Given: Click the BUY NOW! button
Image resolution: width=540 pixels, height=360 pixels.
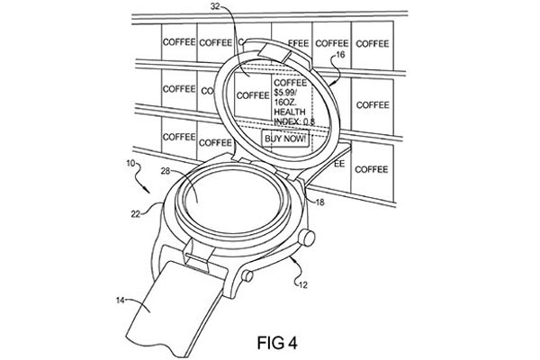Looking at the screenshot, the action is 285,139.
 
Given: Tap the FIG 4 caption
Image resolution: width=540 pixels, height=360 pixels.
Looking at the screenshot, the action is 277,343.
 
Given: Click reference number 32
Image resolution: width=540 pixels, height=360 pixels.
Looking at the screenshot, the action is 215,6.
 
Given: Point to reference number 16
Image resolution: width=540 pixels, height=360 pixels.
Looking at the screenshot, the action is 340,55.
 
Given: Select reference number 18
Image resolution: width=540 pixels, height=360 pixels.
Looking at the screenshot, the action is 319,202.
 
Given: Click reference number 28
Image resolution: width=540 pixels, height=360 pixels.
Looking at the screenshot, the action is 166,170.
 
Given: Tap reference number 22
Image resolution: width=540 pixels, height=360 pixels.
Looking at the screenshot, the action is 135,214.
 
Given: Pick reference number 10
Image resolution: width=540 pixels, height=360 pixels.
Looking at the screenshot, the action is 130,163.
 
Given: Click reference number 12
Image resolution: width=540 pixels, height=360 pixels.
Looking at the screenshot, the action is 303,285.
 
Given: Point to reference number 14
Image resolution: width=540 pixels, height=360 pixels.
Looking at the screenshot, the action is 120,301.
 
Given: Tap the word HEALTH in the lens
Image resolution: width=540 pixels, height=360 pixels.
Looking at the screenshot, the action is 290,112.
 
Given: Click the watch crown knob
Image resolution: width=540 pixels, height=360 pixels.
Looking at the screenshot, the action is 306,238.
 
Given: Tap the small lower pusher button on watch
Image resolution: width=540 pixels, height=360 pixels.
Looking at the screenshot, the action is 247,275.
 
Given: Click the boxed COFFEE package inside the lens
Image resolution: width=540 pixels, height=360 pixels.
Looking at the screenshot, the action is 252,95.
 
